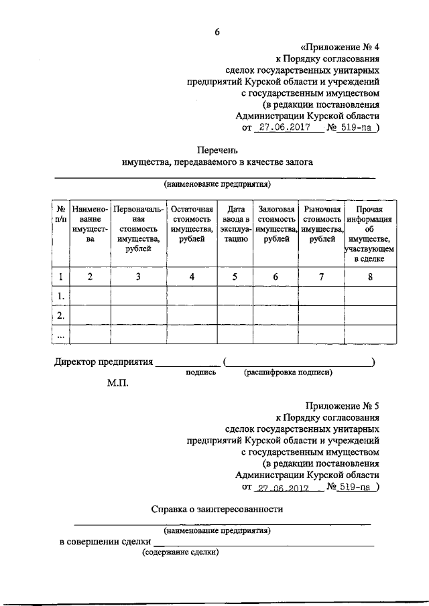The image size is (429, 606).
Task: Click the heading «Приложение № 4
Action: [340, 47]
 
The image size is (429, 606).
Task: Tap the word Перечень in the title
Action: [217, 149]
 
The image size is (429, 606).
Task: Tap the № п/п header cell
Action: [60, 214]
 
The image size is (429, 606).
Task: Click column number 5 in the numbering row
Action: [235, 277]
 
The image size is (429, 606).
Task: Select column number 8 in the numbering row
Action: [369, 277]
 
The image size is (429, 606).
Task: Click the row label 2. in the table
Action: [60, 315]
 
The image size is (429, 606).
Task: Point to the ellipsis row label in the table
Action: [60, 334]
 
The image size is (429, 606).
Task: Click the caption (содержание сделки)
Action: [180, 553]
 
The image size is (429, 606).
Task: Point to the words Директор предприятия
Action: [103, 362]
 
